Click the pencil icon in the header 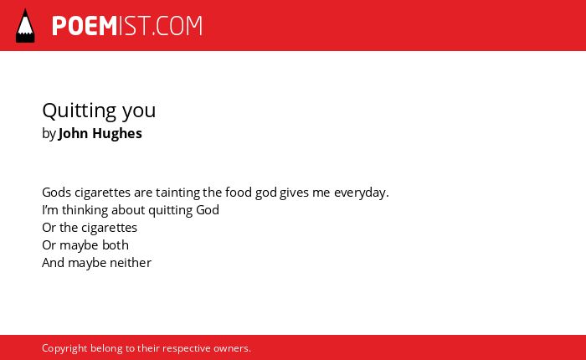pos(25,25)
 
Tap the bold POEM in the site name pos(85,26)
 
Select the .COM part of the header pos(177,26)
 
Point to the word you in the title pos(139,111)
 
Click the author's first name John pos(74,133)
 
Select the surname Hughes pos(117,134)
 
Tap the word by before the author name pos(49,134)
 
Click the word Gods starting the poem pos(56,193)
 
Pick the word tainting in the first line pos(177,193)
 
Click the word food pos(239,193)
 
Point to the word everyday pos(362,193)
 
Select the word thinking pos(85,210)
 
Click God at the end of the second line pos(208,209)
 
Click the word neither pos(130,262)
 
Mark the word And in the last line pos(54,262)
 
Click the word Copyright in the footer pos(64,348)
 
